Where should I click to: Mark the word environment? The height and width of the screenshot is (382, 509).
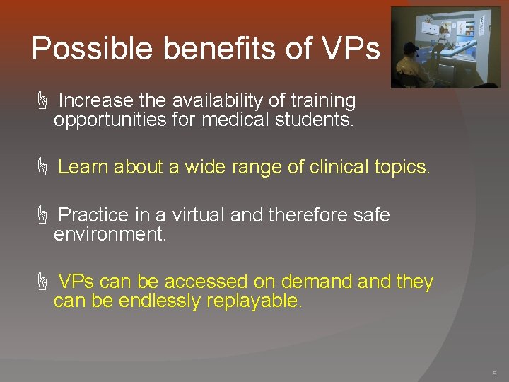click(110, 234)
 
